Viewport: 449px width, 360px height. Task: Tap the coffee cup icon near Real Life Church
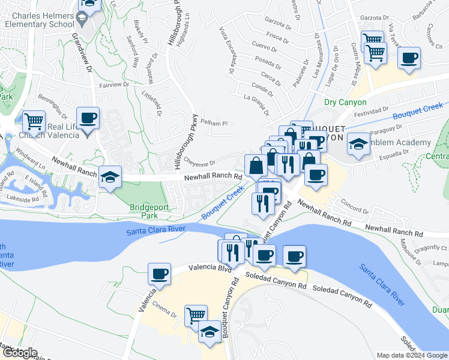[88, 118]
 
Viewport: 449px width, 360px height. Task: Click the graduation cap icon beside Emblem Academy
[358, 144]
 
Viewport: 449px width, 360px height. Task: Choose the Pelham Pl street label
[215, 123]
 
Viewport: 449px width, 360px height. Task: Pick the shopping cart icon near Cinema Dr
[196, 314]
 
